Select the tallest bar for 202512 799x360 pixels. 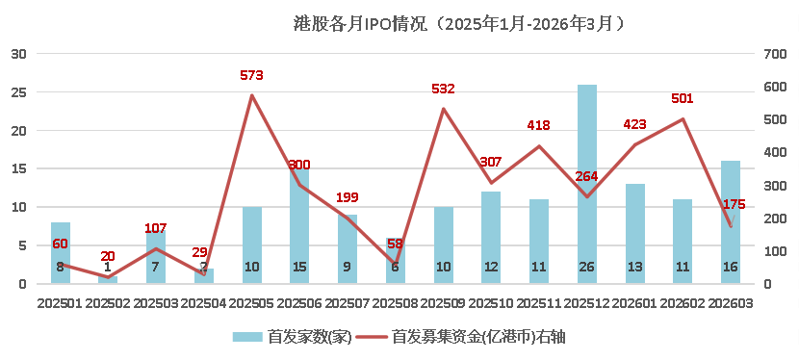[587, 183]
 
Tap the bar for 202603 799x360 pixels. [731, 221]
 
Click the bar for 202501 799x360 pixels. [61, 252]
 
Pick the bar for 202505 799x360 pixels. [252, 244]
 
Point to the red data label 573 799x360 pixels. [251, 75]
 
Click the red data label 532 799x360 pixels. [443, 89]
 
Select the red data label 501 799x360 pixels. [683, 98]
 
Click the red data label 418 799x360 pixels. [539, 125]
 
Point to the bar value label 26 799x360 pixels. [587, 267]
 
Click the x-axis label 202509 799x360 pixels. [443, 303]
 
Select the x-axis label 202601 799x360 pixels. [634, 303]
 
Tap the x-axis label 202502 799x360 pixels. [108, 303]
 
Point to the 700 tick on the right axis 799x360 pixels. [775, 54]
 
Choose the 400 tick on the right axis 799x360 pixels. [775, 152]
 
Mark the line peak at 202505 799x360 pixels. [252, 95]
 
